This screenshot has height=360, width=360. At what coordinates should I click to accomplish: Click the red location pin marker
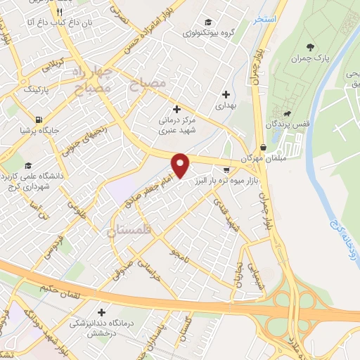(181, 165)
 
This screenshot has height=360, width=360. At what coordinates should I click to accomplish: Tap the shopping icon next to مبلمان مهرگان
(263, 147)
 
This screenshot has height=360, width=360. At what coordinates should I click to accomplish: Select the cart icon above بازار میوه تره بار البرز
(226, 169)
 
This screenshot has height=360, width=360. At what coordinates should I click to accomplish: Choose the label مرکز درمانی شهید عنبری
(177, 125)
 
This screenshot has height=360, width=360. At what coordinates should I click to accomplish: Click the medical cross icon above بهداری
(226, 94)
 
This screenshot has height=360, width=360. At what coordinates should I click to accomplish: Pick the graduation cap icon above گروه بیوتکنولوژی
(207, 21)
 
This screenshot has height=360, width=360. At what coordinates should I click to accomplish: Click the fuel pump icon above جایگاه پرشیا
(37, 118)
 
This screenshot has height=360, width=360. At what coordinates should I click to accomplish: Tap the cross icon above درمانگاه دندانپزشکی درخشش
(103, 311)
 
